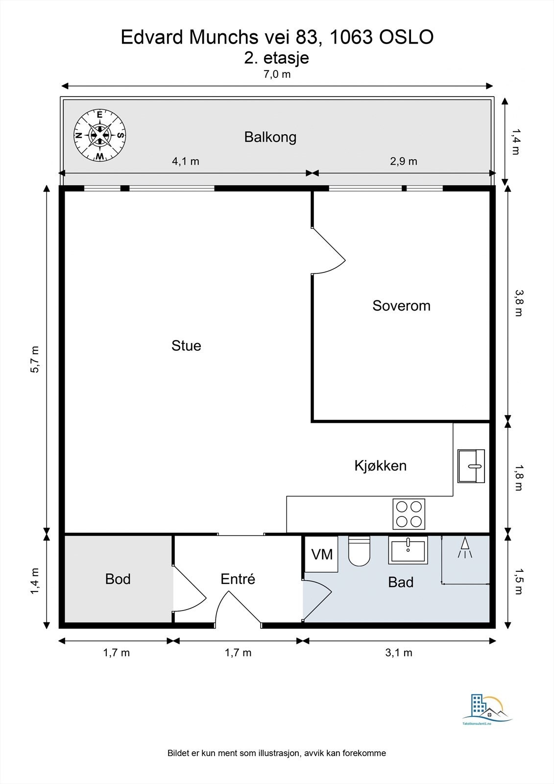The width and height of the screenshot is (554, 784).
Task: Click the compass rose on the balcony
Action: coord(99,135)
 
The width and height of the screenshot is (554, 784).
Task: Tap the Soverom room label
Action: coord(401,306)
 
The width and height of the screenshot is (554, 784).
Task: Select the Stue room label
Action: coord(186,345)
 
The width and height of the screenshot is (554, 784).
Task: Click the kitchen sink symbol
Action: coord(471,466)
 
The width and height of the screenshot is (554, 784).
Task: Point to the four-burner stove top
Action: coord(409,514)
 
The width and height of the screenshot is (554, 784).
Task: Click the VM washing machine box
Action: coord(321,554)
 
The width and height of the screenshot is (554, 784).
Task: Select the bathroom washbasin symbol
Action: coord(408,550)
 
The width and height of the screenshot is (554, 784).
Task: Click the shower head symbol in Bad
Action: coord(465,547)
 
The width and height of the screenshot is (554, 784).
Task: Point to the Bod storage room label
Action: coord(118,579)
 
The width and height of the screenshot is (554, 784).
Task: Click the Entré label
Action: coord(238,579)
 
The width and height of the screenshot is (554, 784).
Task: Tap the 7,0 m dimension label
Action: coord(277,74)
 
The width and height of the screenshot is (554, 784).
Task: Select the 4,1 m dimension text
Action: coord(185,161)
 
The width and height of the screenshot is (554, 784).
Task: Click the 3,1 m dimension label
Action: coord(399,653)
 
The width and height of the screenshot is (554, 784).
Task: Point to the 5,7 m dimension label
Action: coord(35,360)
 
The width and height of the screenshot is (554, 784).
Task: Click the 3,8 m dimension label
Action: coord(518,303)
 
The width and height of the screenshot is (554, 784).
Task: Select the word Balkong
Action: coord(270,137)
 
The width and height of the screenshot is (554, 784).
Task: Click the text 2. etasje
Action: coord(277,58)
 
